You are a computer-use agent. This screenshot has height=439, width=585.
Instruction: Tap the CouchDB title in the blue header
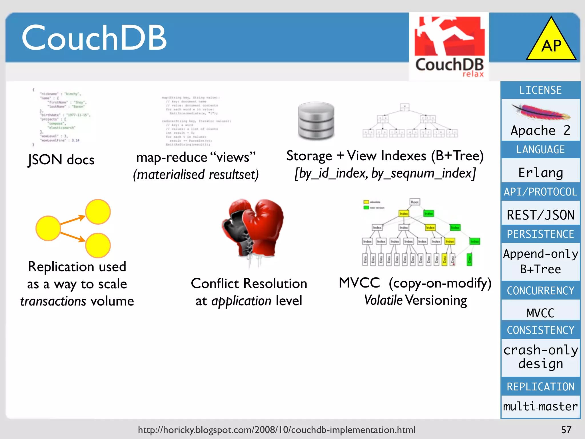click(94, 38)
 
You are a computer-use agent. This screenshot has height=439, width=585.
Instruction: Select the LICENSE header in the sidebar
click(540, 90)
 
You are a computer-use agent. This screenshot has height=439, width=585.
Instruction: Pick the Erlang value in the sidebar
click(540, 173)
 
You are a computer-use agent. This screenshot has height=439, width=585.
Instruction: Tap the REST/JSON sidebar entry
click(540, 215)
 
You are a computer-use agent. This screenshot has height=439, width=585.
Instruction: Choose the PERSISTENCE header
click(540, 234)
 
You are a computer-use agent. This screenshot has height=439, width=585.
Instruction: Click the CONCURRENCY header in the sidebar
click(540, 291)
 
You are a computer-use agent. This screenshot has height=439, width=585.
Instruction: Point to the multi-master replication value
click(540, 406)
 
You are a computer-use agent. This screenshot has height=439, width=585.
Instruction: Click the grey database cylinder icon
click(316, 121)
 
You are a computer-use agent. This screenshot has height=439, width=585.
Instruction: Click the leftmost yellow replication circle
click(48, 228)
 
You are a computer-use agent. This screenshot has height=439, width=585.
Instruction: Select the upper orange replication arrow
click(73, 220)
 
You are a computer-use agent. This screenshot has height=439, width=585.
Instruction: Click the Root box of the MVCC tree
click(415, 202)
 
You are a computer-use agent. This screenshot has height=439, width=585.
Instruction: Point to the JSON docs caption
click(61, 159)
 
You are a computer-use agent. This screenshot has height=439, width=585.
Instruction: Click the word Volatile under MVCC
click(383, 300)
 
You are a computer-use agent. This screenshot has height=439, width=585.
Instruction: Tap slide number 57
click(566, 430)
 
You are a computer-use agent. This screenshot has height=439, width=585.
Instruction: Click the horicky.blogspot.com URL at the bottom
click(277, 430)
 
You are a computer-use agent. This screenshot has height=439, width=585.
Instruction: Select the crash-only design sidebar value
click(540, 357)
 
